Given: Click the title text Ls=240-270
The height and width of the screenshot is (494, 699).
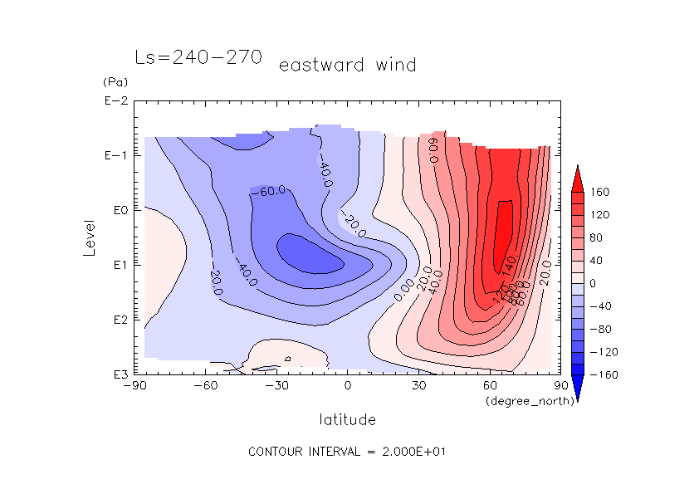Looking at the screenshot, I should point(198,58).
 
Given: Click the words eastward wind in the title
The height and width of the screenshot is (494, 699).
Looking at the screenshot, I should point(347,65).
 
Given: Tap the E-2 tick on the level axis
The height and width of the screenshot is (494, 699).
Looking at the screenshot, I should point(115,101).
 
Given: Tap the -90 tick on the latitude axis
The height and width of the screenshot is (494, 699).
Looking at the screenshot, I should point(134,386).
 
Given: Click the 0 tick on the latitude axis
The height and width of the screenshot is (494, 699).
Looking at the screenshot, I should point(348,386).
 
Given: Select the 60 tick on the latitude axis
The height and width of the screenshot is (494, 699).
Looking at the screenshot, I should point(490,386).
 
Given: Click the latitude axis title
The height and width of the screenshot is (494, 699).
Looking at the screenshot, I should point(347,419).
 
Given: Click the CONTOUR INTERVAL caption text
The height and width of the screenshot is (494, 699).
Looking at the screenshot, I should point(349,452).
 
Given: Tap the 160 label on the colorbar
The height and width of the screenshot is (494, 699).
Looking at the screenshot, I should point(600,193).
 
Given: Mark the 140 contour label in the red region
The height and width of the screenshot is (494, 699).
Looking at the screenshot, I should point(510,260).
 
